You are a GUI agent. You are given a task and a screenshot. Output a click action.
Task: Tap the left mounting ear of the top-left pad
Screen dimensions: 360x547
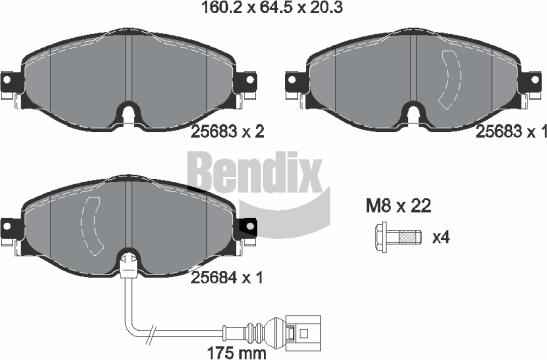point(10,78)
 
